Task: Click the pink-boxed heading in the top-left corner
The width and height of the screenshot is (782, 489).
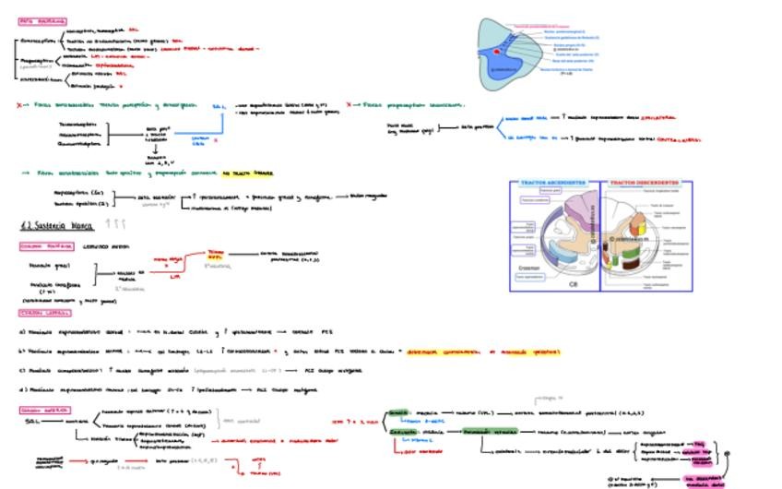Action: [x=42, y=20]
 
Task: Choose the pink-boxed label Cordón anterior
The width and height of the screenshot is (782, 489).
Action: [x=44, y=409]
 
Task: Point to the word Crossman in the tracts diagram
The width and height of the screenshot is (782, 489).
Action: [x=530, y=268]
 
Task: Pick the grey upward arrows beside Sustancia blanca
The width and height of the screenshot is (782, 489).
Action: [x=116, y=224]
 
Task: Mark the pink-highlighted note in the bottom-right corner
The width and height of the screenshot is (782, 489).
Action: [x=705, y=480]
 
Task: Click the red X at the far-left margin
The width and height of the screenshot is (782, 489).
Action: [x=19, y=105]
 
